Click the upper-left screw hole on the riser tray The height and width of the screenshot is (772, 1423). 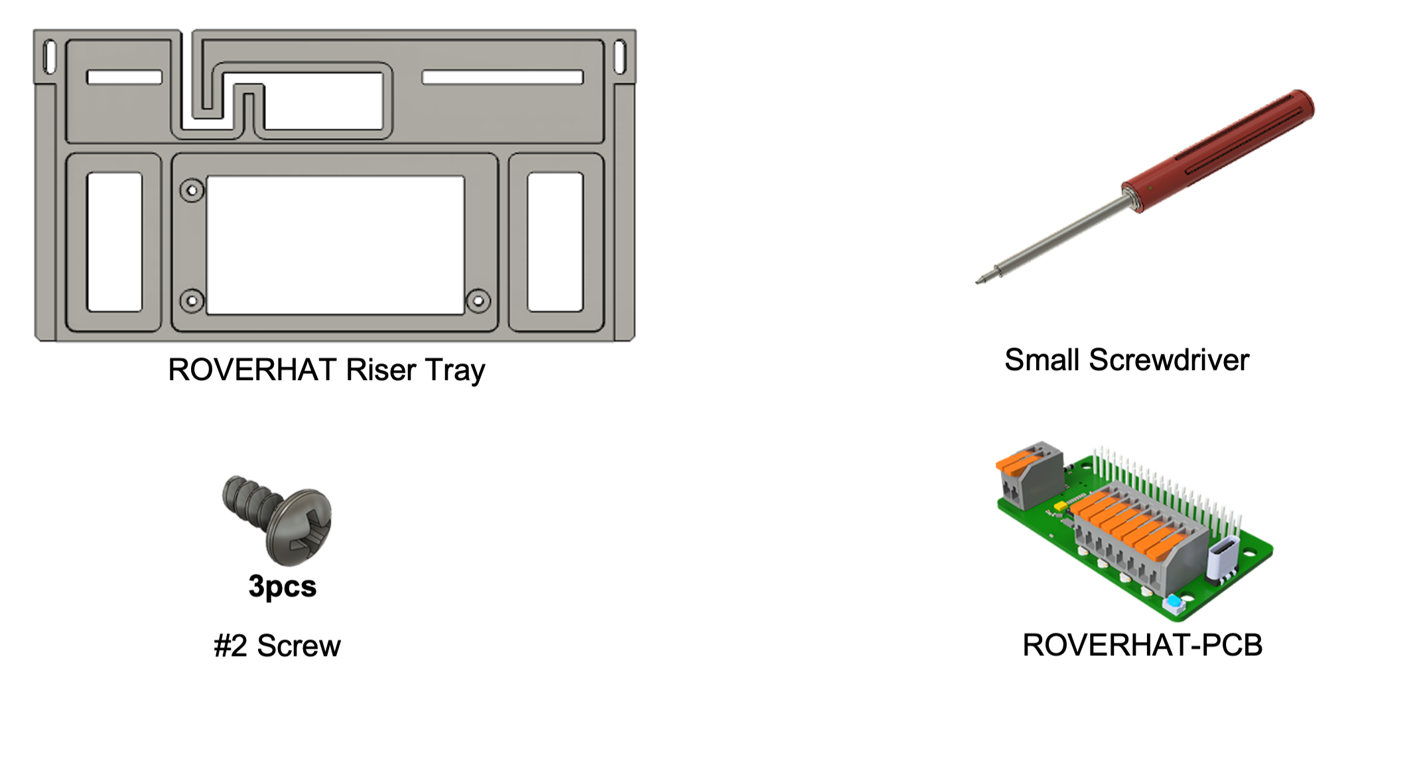click(192, 191)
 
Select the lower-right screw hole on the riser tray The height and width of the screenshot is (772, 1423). click(478, 301)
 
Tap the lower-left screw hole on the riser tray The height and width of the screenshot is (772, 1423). click(192, 301)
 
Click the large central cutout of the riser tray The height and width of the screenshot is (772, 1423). click(335, 245)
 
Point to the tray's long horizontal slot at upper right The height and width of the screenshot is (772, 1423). click(502, 78)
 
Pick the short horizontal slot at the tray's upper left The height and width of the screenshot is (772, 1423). click(125, 78)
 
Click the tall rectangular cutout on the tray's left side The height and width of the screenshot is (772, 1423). click(115, 242)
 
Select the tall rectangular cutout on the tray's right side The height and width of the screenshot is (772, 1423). click(555, 242)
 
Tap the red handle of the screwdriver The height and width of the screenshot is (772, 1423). click(1218, 151)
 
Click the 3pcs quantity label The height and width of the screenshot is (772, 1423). click(283, 587)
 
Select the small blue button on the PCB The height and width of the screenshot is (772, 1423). click(1174, 603)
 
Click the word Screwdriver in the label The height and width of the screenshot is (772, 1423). click(1169, 360)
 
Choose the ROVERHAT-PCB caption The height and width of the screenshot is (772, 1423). click(1142, 645)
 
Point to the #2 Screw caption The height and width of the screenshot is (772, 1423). click(277, 646)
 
